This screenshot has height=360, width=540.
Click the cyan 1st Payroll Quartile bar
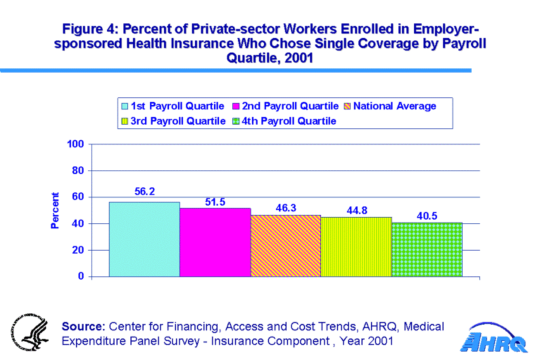144,239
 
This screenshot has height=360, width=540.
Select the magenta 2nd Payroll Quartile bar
215,242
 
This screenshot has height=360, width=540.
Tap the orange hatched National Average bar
286,245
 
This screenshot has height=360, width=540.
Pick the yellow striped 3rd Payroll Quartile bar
356,247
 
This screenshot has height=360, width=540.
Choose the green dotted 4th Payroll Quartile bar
427,249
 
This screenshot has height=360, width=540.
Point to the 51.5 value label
215,201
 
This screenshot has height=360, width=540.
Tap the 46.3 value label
286,208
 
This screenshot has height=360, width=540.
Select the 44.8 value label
356,209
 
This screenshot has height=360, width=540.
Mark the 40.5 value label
427,216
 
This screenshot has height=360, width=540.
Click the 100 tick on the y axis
76,144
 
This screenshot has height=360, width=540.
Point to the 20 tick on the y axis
79,250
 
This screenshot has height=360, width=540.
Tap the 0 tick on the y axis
82,276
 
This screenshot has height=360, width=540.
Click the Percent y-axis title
55,210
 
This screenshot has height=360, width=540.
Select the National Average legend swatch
346,106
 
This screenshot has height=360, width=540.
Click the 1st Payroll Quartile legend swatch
125,106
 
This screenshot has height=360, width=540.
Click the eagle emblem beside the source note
30,333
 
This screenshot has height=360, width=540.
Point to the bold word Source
83,326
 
